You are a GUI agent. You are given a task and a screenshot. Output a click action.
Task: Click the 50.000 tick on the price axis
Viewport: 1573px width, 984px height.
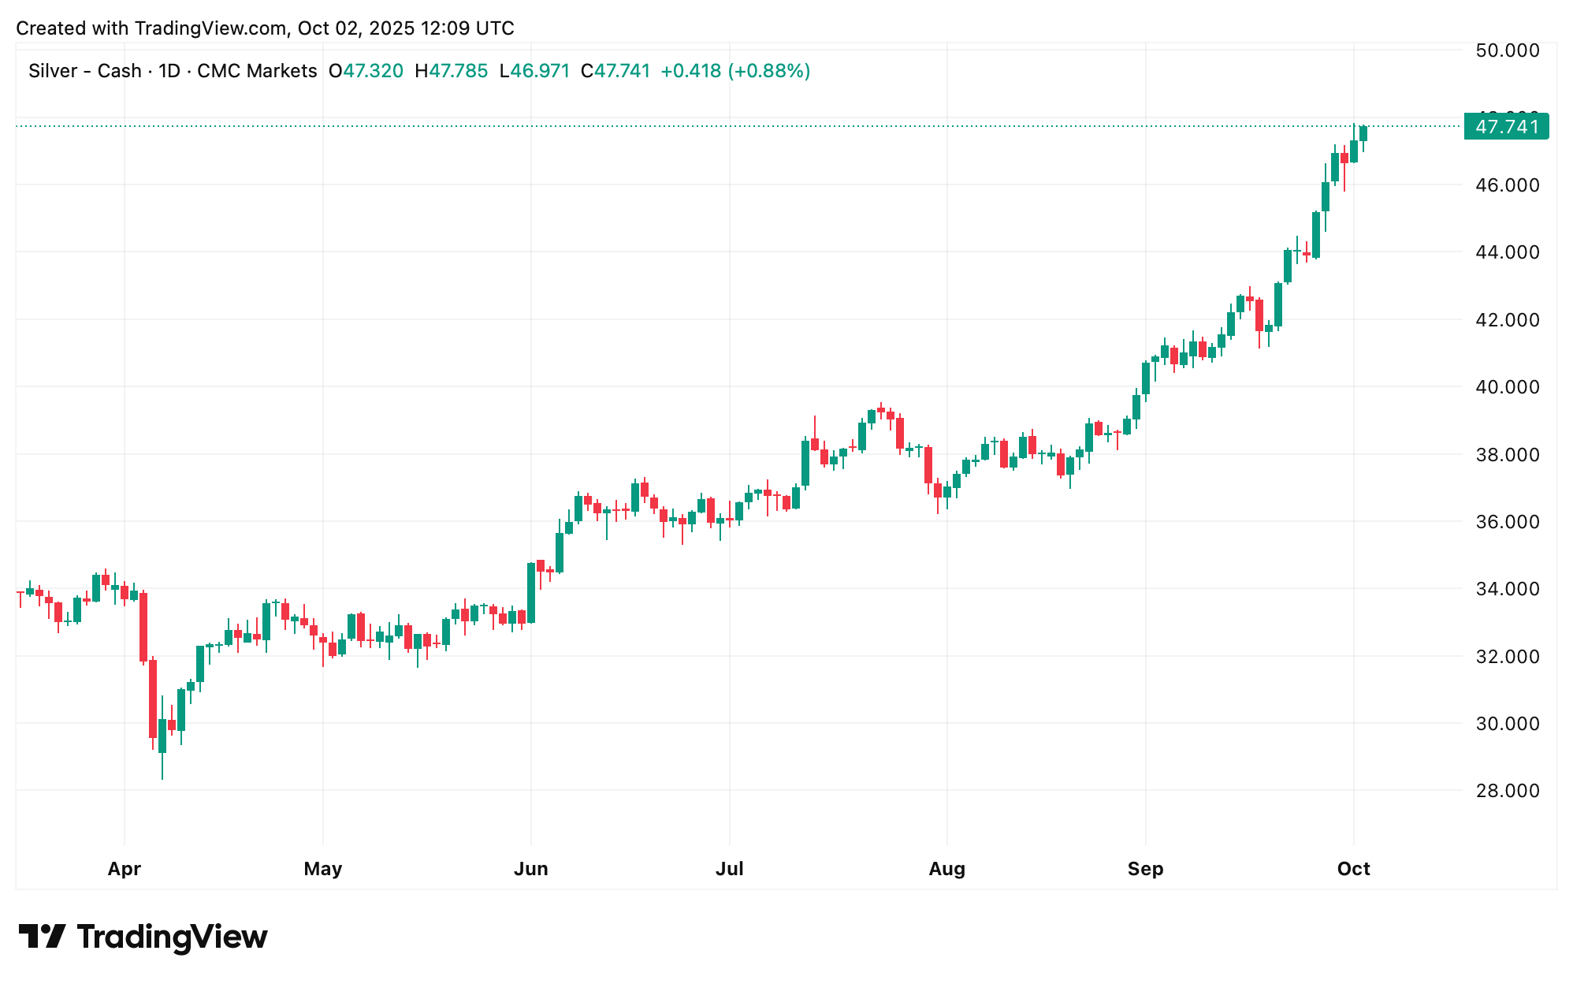[1506, 50]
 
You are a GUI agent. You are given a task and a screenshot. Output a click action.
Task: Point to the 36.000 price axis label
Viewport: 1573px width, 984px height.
[1506, 522]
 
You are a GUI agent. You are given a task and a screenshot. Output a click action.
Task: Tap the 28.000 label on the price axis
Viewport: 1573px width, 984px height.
[1506, 791]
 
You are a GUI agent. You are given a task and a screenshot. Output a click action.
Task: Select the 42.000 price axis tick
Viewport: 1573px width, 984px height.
[1506, 320]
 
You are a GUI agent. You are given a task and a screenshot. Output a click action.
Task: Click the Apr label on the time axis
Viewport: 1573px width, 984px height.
[125, 869]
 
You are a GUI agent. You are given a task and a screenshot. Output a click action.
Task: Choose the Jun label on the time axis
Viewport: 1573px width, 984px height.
[530, 869]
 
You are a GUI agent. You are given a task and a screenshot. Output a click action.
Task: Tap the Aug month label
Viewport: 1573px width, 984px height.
[946, 869]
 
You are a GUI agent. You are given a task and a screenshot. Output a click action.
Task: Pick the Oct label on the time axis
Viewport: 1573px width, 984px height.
[1353, 869]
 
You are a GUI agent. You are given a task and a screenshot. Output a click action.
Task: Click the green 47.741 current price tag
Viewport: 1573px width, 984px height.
[1506, 127]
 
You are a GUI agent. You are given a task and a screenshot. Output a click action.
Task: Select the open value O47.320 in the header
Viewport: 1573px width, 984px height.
[366, 71]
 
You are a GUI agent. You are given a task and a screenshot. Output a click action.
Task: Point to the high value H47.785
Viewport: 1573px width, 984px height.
[452, 71]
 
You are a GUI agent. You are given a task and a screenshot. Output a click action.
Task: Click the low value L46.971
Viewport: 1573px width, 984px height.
[534, 71]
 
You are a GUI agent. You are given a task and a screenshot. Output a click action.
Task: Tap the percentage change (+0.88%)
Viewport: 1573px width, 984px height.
[769, 71]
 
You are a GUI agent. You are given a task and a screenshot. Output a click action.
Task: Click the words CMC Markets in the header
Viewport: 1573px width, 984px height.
[257, 71]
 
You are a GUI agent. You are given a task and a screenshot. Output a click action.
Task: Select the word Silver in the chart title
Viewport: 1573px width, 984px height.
[53, 71]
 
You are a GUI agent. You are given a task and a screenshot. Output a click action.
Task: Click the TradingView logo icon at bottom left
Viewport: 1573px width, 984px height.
[42, 937]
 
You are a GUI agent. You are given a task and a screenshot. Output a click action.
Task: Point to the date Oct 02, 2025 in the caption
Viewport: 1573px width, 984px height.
[355, 28]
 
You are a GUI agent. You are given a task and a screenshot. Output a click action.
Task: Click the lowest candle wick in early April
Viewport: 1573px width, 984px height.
[162, 769]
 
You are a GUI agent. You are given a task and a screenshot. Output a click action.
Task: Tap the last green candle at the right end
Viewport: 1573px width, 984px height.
[1363, 134]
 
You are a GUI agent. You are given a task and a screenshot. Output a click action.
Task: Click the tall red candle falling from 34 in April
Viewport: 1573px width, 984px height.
[143, 627]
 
